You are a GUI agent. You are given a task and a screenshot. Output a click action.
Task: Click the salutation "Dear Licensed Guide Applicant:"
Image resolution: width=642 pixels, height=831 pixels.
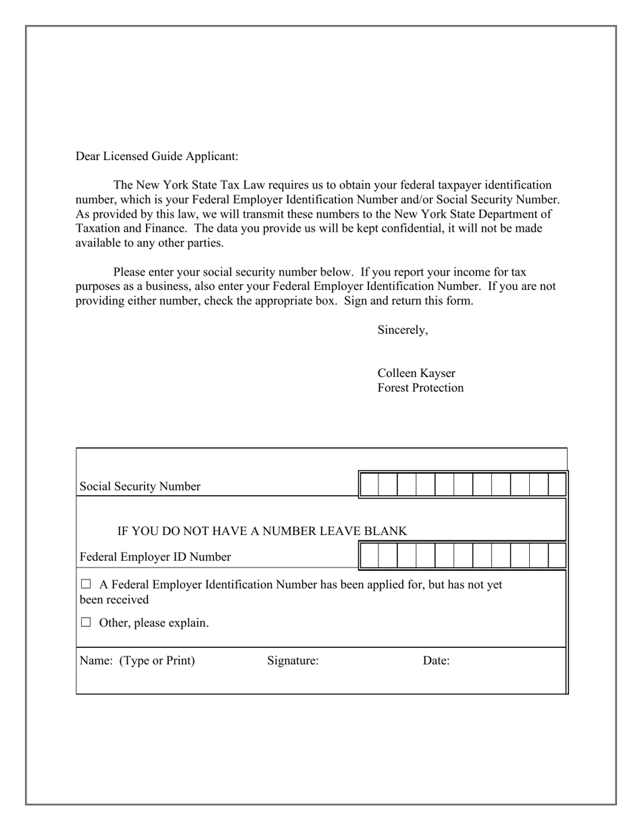pos(157,156)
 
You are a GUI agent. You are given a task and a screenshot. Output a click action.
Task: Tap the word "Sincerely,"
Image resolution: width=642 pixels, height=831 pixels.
pos(402,330)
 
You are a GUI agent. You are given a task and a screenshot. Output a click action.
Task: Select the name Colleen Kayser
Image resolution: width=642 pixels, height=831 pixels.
pos(416,373)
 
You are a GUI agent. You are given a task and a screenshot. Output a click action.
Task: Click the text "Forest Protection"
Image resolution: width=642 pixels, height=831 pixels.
pos(420,388)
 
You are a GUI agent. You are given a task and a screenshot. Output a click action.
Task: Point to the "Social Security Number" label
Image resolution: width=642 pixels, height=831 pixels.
pos(140,486)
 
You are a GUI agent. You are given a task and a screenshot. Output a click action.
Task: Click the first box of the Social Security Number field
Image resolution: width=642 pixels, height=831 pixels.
pos(369,485)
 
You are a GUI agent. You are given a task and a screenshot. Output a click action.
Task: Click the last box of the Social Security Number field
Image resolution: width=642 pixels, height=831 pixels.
pos(556,485)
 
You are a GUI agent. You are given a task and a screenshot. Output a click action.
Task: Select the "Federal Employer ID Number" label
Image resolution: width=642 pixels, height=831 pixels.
pos(155,557)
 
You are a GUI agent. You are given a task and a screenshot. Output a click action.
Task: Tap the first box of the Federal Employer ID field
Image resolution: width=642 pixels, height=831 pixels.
pos(369,555)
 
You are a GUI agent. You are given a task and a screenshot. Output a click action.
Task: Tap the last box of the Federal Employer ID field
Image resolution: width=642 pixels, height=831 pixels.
pos(556,555)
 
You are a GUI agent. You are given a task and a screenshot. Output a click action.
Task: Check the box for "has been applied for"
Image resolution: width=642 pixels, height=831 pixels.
pos(86,584)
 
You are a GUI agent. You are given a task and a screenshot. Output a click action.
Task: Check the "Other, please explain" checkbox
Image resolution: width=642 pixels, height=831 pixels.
pos(86,622)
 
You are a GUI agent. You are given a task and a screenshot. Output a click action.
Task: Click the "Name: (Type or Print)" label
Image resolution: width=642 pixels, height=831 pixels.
pos(137,661)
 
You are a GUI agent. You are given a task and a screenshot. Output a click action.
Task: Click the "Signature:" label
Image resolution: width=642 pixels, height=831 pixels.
pos(293,661)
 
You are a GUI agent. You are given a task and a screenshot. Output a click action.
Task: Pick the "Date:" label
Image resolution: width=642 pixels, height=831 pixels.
pos(436,661)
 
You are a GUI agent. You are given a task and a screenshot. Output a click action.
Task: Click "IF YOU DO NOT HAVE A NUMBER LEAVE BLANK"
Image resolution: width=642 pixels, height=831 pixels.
pos(262,531)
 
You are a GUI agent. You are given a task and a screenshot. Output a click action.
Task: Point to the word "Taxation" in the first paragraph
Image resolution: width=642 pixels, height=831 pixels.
pos(99,228)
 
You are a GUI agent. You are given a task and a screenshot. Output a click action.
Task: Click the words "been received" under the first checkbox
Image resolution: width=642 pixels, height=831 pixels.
pos(114,599)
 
